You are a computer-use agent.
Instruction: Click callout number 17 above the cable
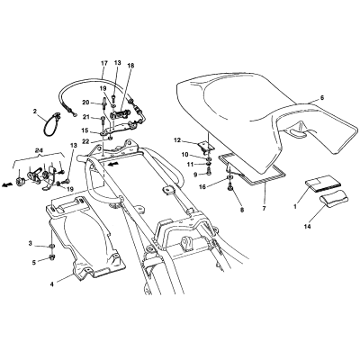[104, 63]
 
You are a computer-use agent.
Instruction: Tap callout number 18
[130, 65]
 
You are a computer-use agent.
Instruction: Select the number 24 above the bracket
[38, 152]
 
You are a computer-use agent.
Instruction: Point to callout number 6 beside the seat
[322, 97]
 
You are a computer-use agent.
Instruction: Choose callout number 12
[177, 140]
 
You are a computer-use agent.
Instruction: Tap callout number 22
[85, 141]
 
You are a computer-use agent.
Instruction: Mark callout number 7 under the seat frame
[264, 208]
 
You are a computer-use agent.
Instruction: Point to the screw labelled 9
[209, 171]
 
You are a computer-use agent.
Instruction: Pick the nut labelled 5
[52, 256]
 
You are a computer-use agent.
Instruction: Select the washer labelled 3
[51, 247]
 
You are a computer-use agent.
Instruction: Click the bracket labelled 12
[206, 147]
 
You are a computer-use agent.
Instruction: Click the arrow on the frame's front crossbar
[112, 164]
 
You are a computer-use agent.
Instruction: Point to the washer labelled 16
[229, 180]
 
